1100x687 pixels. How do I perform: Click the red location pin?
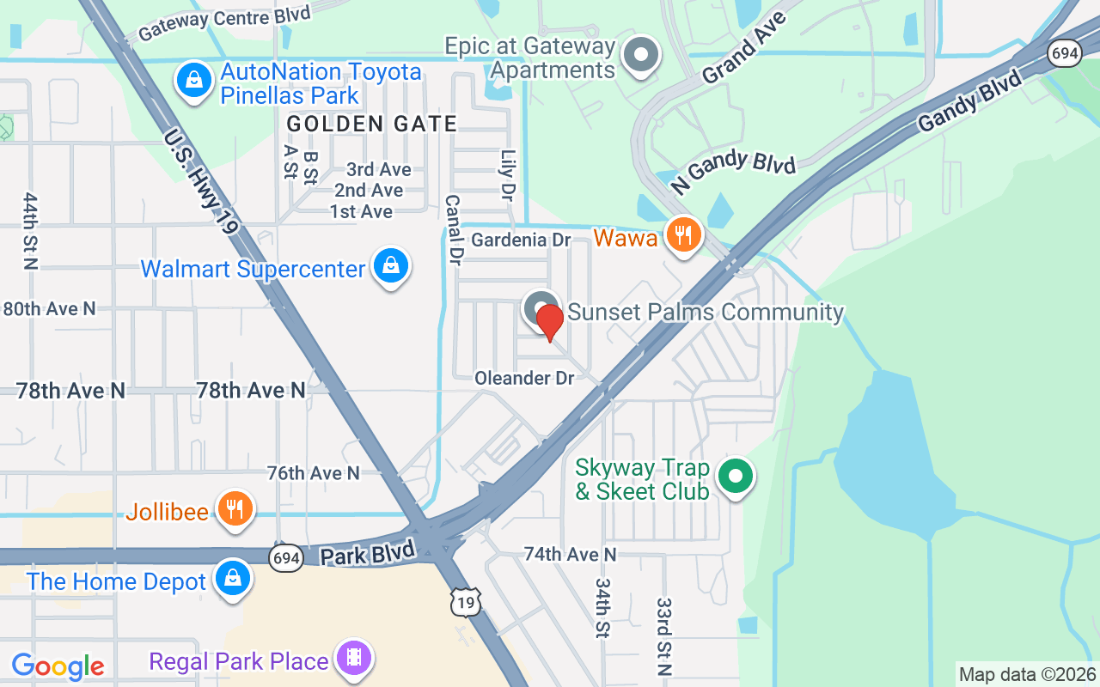[x=549, y=322]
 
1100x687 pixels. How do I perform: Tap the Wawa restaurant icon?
[x=683, y=235]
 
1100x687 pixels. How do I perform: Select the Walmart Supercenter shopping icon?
[x=391, y=267]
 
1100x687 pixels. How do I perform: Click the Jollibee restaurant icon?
[x=233, y=509]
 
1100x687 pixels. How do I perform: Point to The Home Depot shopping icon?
[x=233, y=579]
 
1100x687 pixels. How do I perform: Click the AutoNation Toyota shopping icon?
[x=195, y=81]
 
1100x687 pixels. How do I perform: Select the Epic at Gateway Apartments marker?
[x=640, y=56]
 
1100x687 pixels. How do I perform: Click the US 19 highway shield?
[x=465, y=603]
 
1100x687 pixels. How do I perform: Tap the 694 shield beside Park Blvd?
[x=285, y=558]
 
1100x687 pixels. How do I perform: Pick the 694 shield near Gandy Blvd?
[x=1064, y=53]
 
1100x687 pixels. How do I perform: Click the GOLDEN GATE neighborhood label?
[x=371, y=124]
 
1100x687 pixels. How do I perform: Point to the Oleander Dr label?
[x=523, y=378]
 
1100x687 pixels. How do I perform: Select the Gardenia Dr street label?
[x=521, y=240]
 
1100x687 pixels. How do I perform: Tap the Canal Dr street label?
[x=454, y=228]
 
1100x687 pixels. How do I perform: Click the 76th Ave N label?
[x=313, y=473]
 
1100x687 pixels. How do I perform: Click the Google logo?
[x=58, y=666]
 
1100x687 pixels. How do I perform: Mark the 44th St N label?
[x=31, y=230]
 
